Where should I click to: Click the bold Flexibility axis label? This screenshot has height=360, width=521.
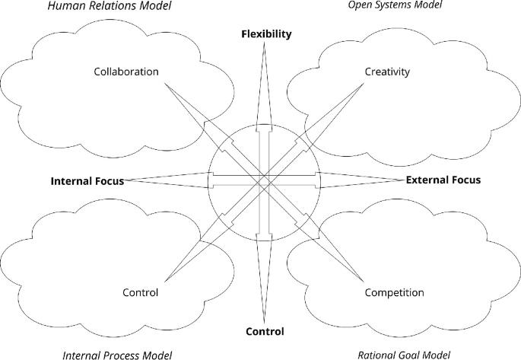coord(266,34)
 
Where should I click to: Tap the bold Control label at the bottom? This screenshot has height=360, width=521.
coord(265,331)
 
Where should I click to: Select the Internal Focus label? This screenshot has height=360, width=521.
coord(87,181)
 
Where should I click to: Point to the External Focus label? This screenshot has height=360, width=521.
coord(443,180)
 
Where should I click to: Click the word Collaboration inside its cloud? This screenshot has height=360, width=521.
coord(126,72)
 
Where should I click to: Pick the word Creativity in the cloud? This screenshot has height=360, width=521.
coord(387,72)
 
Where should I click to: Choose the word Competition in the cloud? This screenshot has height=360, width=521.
coord(395,292)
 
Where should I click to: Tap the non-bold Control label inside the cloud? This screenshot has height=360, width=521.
coord(140,292)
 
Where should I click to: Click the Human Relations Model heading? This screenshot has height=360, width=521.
coord(110,5)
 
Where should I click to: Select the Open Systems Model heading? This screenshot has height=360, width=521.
coord(395,5)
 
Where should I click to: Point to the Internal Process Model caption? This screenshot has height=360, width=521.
coord(117,355)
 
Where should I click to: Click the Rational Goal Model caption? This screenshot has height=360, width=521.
coord(404,355)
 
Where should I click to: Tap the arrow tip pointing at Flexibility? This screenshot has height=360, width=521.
coord(265,43)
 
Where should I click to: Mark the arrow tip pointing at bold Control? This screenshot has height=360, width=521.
coord(265,323)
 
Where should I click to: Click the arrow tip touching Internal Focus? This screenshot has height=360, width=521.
coord(125,180)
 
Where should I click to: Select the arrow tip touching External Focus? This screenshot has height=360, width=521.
coord(404,180)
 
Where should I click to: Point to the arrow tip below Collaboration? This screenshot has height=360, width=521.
coord(164,83)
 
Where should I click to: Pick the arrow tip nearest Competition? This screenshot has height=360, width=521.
coord(363,279)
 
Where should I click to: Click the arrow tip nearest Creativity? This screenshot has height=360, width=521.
coord(363,83)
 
